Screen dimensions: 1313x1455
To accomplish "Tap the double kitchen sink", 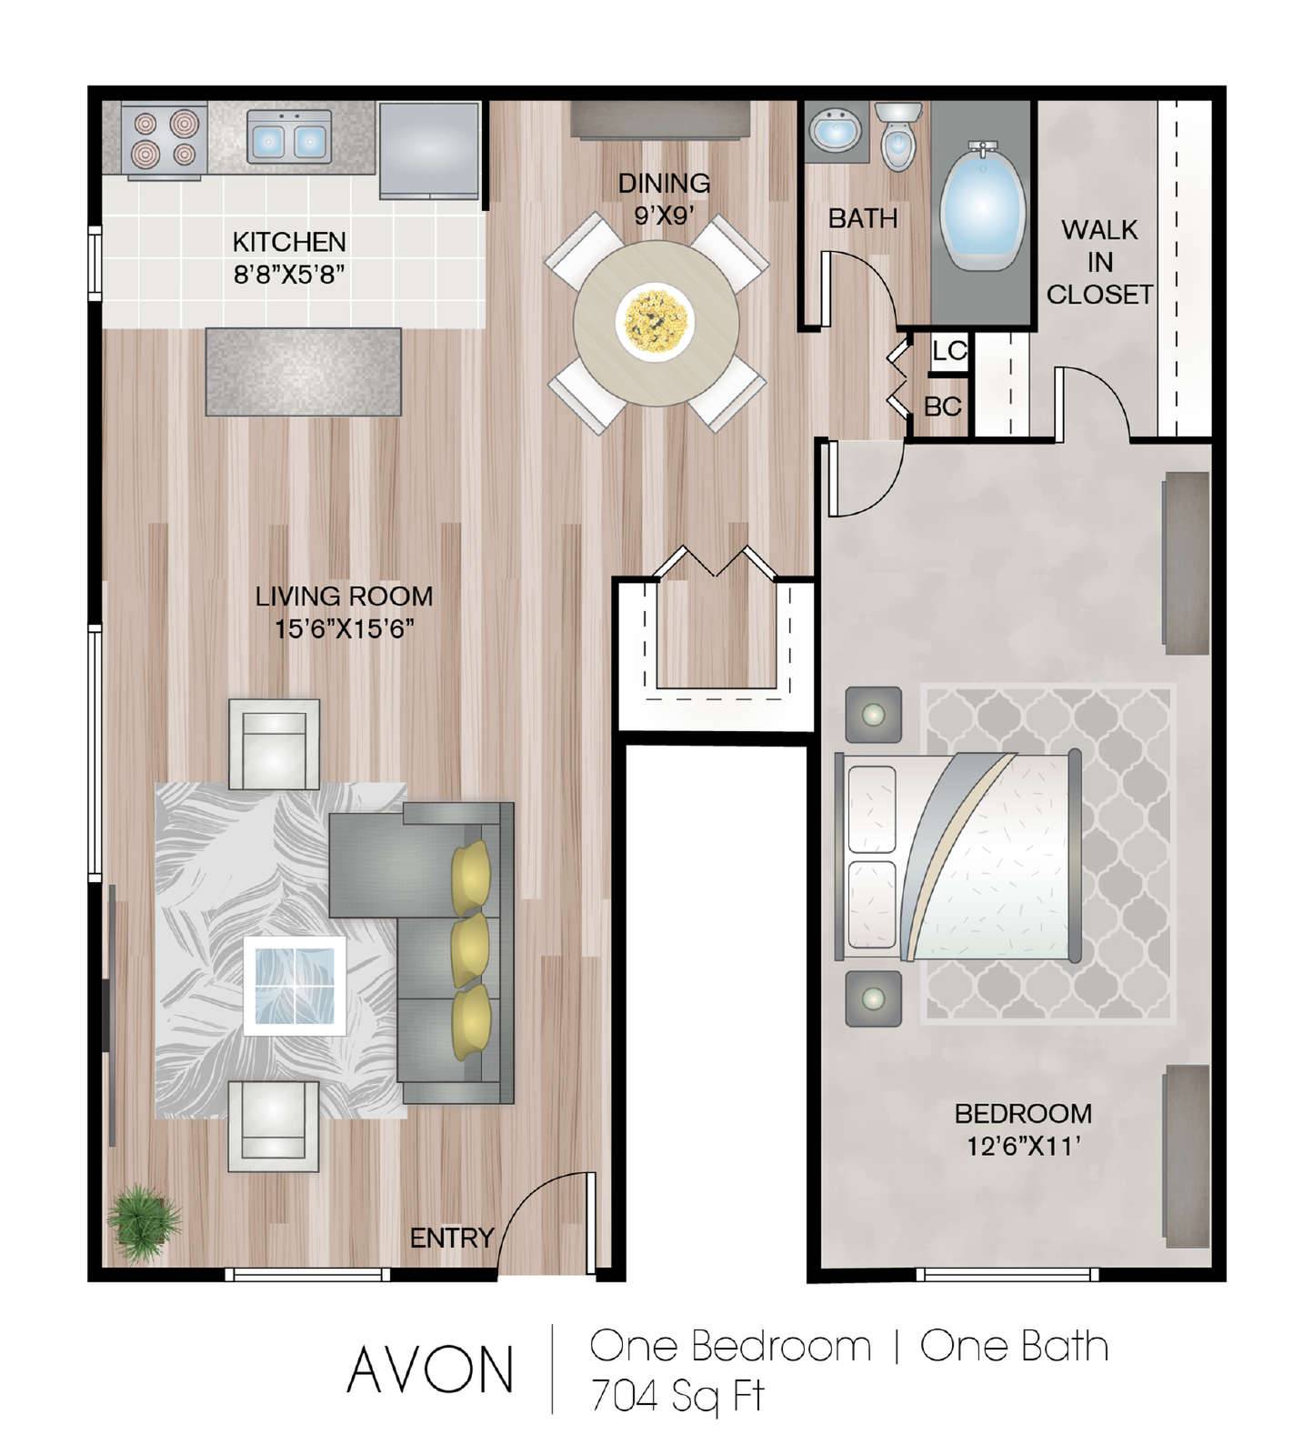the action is coord(288,138).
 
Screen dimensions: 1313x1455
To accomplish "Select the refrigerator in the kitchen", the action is coord(429,149).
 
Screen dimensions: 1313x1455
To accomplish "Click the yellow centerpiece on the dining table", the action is coord(655,320).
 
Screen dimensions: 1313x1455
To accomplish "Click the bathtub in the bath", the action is coord(982,205).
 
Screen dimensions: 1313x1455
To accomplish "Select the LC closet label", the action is coord(949,350).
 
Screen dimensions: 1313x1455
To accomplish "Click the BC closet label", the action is coord(943,406).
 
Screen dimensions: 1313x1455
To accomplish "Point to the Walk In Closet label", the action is coord(1099,262).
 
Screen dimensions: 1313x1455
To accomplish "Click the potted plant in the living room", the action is coord(143,1220).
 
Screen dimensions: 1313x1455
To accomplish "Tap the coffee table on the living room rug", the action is coord(295,986).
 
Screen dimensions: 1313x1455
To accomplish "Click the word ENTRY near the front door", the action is coord(451,1238).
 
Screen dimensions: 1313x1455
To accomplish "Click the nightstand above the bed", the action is coord(873,715).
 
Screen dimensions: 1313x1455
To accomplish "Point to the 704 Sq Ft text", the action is coord(677,1396).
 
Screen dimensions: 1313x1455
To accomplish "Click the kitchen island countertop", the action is coord(304,372).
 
